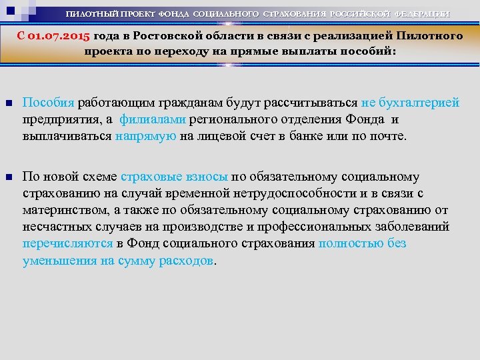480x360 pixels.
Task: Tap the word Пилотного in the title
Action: (x=427, y=36)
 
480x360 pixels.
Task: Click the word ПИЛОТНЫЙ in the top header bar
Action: (x=94, y=14)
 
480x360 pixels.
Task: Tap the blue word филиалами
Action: (x=153, y=121)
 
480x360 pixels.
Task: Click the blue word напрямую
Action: (x=145, y=137)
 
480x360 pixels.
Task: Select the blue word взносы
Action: (x=204, y=177)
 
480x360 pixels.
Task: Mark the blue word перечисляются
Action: (x=67, y=244)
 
